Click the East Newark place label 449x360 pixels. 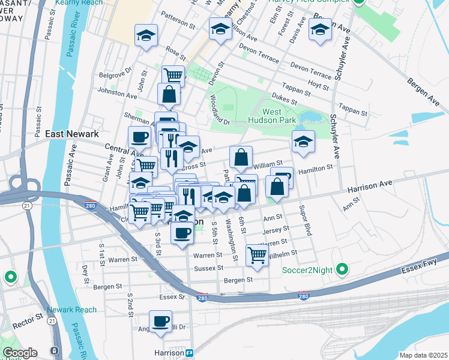pos(72,134)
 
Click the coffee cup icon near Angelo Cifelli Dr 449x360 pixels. pos(160,322)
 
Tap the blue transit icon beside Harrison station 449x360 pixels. pos(189,353)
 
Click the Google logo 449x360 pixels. pos(20,352)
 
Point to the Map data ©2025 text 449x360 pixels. pos(423,355)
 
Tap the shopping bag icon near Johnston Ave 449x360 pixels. pos(169,94)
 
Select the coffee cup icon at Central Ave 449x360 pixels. pos(139,137)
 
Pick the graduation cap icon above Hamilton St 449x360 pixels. pos(303,142)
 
